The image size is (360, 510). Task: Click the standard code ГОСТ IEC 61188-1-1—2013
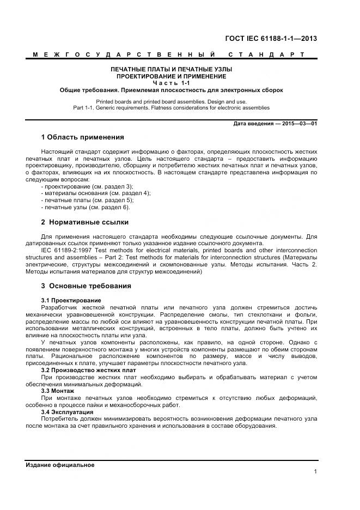pyautogui.click(x=271, y=38)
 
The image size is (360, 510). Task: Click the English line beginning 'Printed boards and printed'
pyautogui.click(x=171, y=101)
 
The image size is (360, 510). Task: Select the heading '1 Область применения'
pyautogui.click(x=82, y=137)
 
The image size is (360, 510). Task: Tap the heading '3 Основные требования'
pyautogui.click(x=86, y=286)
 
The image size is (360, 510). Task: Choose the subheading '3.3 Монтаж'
pyautogui.click(x=58, y=391)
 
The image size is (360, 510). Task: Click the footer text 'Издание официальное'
pyautogui.click(x=60, y=465)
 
